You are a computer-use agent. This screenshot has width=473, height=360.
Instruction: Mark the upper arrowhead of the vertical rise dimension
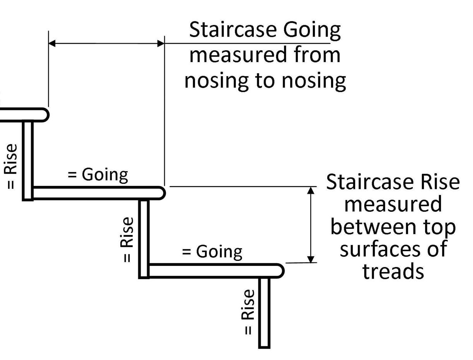tap(311, 190)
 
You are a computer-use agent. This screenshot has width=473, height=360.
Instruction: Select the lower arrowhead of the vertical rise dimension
tap(311, 259)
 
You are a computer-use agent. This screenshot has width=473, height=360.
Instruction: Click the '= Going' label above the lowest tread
tap(212, 252)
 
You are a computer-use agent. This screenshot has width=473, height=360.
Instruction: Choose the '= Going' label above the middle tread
tap(98, 175)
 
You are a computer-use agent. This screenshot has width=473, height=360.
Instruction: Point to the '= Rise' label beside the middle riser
tap(127, 239)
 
